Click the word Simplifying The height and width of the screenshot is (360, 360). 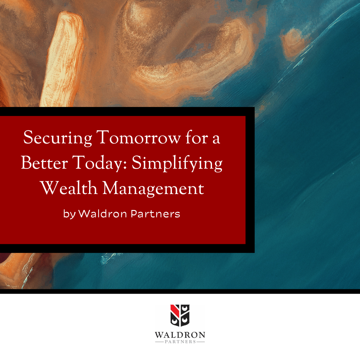(x=177, y=164)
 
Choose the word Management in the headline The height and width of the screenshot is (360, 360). (x=153, y=189)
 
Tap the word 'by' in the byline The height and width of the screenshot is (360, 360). (x=69, y=214)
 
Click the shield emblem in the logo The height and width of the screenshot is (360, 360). (x=180, y=315)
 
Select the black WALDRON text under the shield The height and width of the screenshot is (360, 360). (x=180, y=335)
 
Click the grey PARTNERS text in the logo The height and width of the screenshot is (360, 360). (x=180, y=342)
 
